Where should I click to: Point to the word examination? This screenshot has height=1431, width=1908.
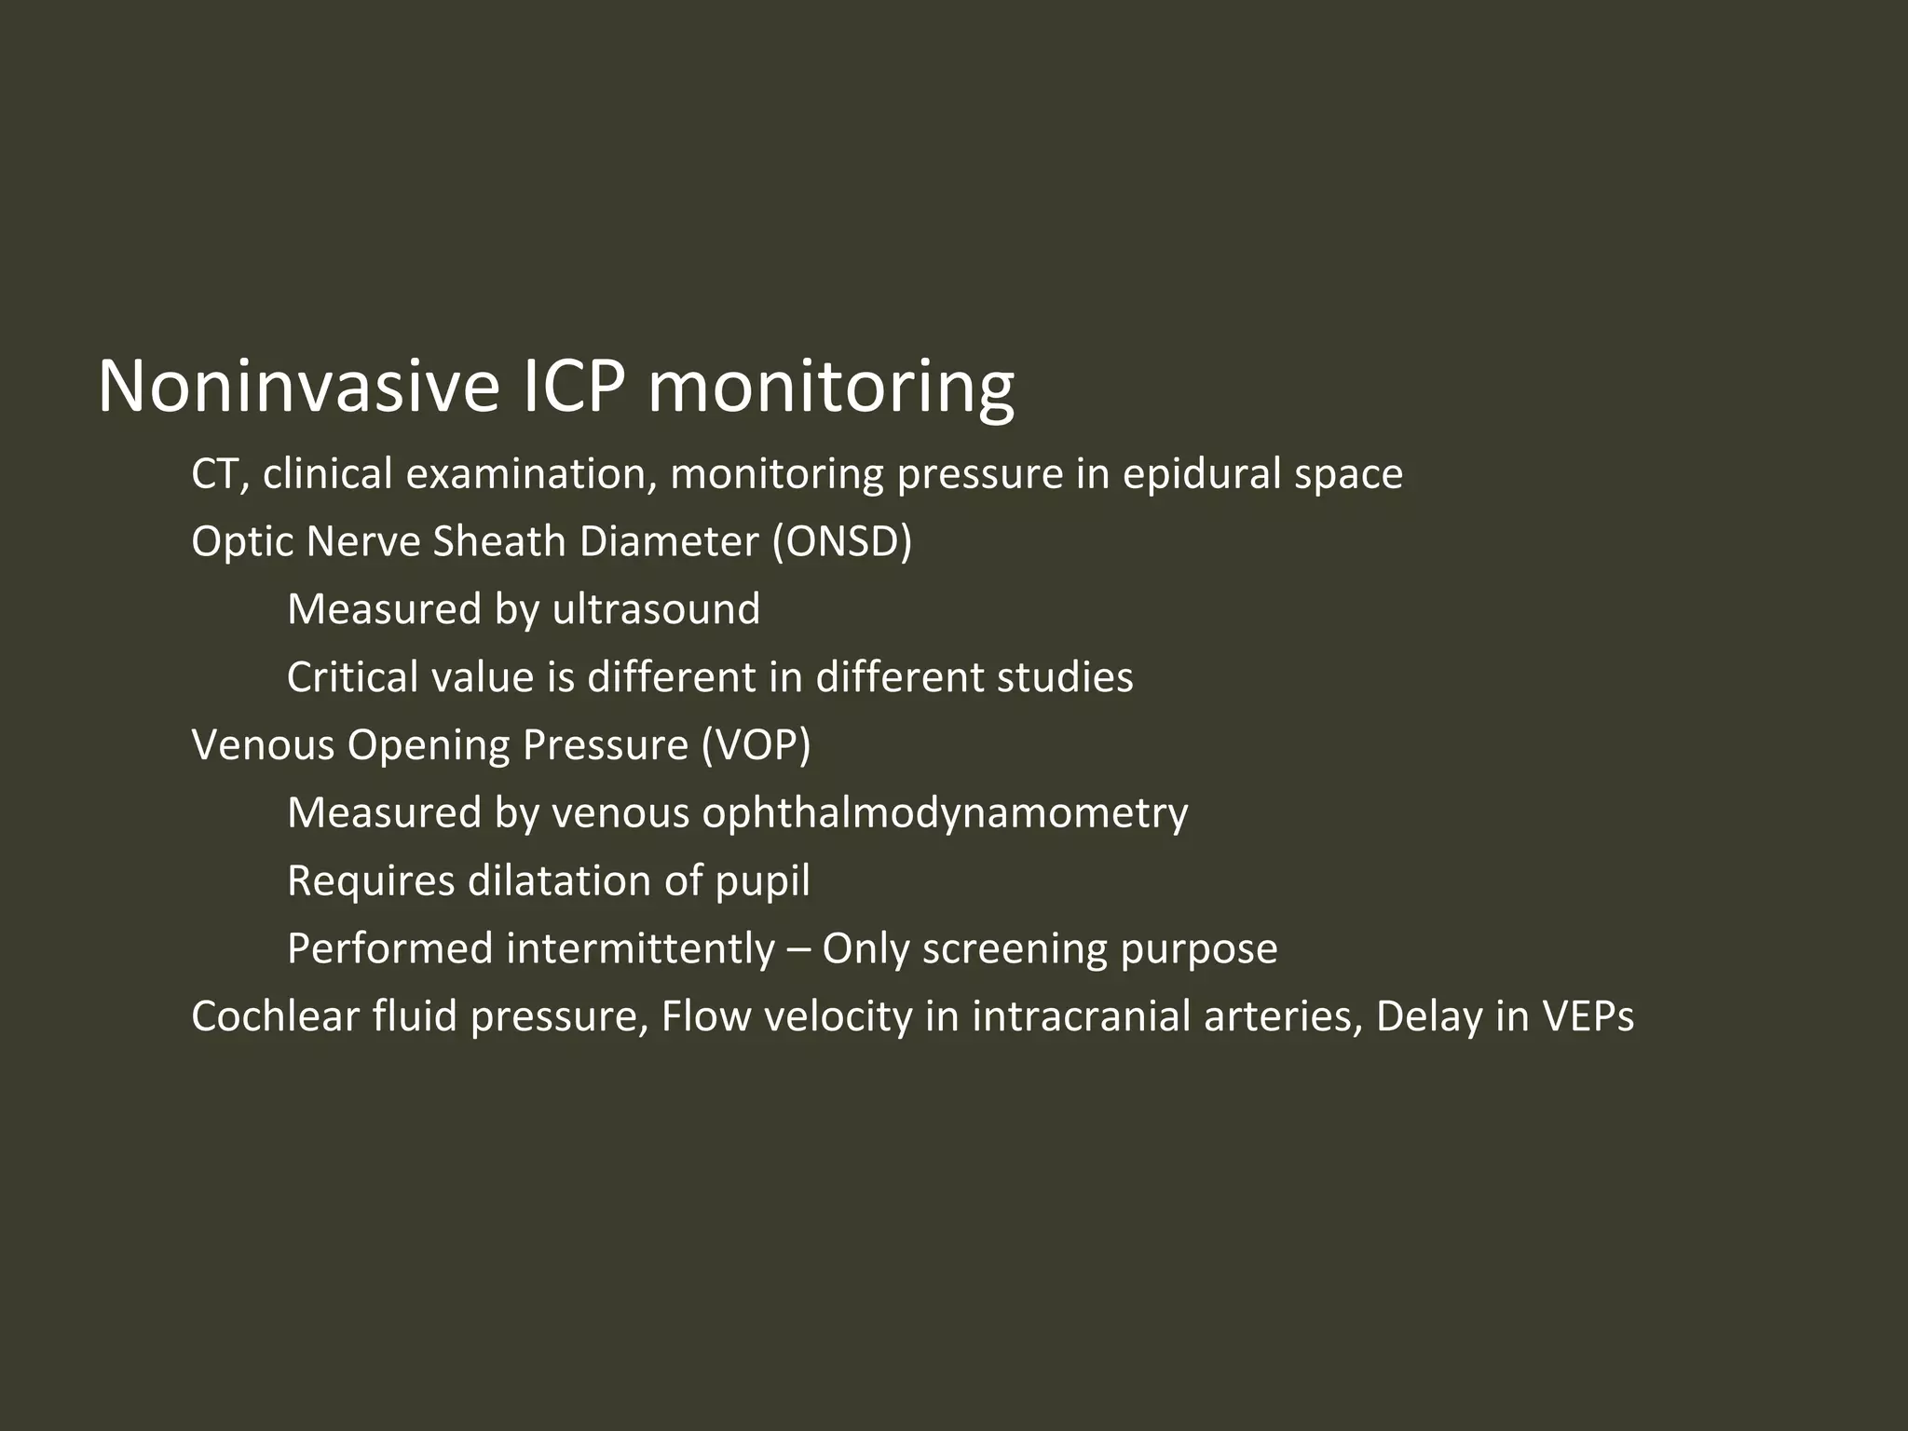click(x=526, y=474)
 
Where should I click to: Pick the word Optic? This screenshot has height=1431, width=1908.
click(x=241, y=542)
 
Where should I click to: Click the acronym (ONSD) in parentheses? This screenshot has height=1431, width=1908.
click(x=842, y=542)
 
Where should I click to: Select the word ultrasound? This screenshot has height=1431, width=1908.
click(x=656, y=610)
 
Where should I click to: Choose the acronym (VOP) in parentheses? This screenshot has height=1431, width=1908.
click(x=756, y=745)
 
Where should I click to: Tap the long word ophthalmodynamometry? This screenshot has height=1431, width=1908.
click(x=945, y=813)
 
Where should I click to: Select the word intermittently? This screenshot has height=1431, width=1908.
click(x=640, y=949)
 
